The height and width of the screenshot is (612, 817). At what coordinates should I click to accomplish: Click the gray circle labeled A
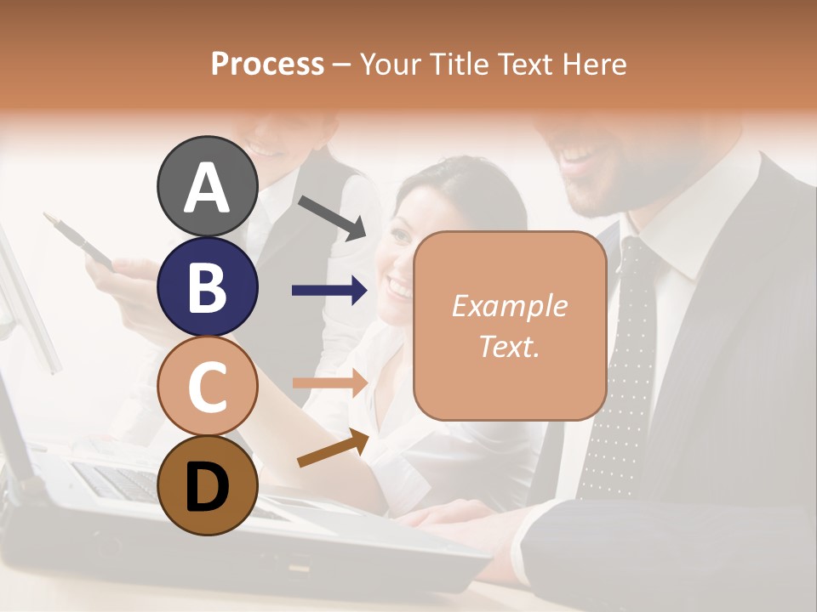207,187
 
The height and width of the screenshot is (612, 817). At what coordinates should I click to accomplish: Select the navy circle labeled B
207,287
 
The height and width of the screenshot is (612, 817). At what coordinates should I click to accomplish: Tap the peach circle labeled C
207,387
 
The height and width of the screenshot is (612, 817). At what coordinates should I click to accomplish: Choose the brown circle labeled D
207,485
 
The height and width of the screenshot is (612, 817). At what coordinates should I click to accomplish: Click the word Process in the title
267,64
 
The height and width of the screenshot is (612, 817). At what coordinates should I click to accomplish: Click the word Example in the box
509,306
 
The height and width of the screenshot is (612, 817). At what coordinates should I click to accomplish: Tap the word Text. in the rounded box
509,346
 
